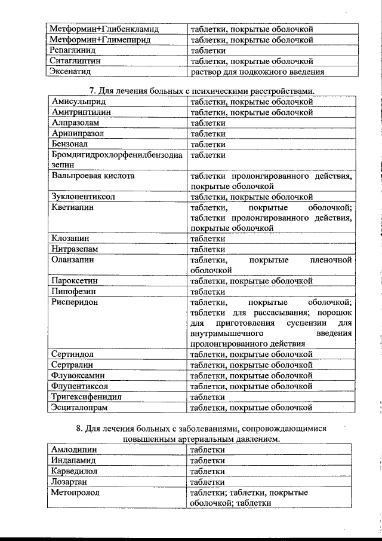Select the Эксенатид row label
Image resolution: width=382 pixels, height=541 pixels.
[x=70, y=72]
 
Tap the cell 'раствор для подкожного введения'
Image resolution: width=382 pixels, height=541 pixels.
[x=257, y=72]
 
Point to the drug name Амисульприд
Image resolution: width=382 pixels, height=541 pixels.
[x=76, y=102]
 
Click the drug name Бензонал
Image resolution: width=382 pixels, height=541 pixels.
[x=70, y=144]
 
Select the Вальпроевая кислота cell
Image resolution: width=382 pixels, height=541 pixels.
[x=93, y=176]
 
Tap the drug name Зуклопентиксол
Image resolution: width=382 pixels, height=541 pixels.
[x=82, y=196]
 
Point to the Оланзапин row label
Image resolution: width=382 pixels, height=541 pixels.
[x=73, y=260]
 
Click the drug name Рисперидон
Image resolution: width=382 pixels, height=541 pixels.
[x=75, y=302]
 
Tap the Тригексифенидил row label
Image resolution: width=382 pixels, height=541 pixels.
[x=87, y=396]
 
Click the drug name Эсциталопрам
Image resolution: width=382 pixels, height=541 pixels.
[x=79, y=407]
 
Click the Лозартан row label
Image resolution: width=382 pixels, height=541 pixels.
[x=69, y=482]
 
